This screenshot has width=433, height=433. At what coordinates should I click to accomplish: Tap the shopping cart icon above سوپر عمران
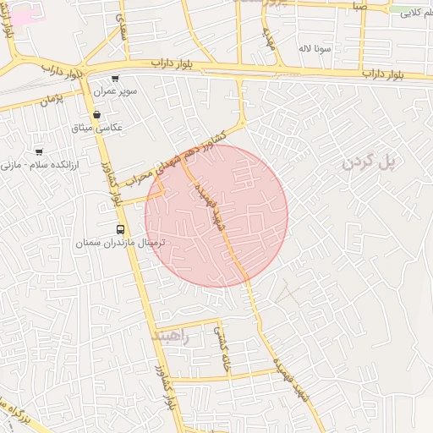115,79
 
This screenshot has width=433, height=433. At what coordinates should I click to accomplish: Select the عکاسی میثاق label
100,127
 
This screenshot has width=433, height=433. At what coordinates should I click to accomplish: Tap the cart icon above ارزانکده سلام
39,152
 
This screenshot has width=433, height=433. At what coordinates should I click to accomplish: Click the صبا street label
360,7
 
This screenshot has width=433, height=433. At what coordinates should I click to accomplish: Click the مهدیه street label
271,37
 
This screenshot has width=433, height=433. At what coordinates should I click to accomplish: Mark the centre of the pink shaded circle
216,216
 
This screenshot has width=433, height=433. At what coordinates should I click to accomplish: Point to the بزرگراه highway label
17,415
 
